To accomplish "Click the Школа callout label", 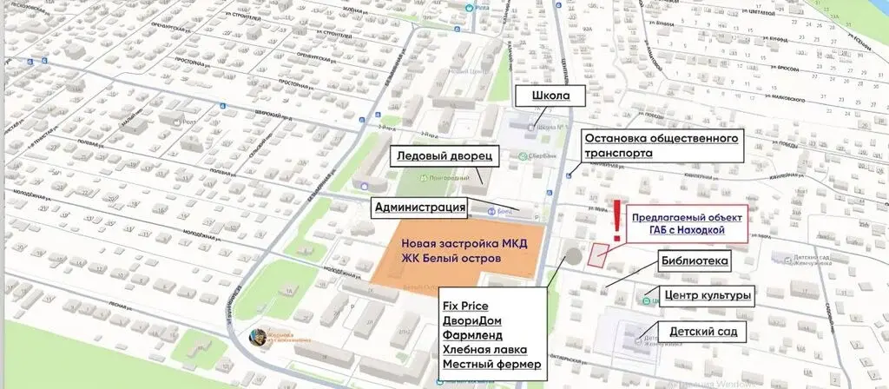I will click(543, 96).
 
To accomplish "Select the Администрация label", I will click(420, 207).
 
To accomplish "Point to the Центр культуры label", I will click(705, 296).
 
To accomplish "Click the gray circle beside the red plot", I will click(573, 257).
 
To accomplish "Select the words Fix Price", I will click(465, 306).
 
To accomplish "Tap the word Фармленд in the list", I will click(472, 334).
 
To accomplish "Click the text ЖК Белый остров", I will click(451, 259).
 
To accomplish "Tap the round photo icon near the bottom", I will click(258, 337).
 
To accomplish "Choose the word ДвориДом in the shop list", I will click(471, 320).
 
